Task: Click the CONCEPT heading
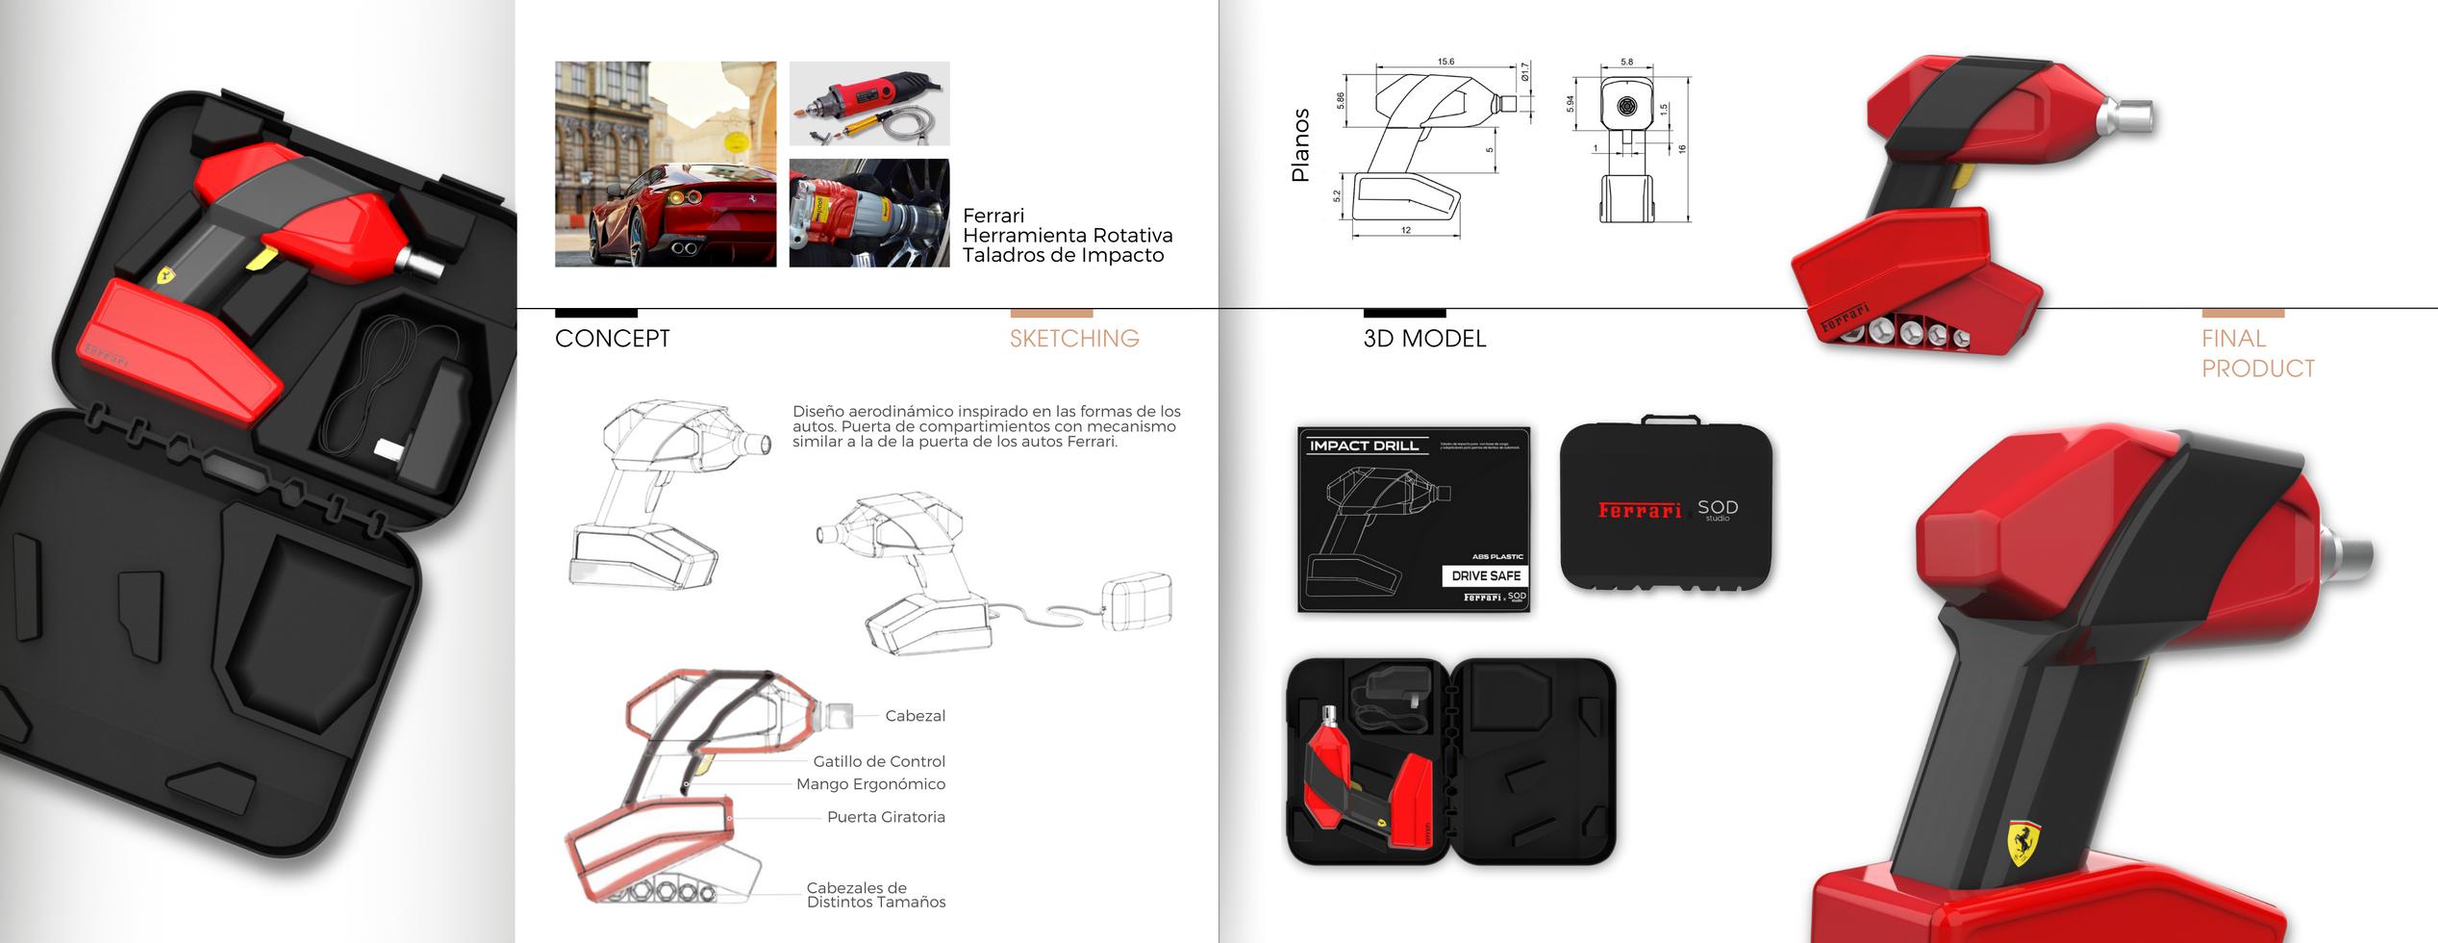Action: tap(612, 339)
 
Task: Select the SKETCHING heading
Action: tap(1073, 339)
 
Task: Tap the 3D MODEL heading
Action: tap(1423, 339)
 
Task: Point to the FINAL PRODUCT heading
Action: tap(2256, 353)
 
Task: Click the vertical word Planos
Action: tap(1300, 145)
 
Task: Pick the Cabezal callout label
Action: tap(915, 716)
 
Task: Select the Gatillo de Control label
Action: tap(878, 761)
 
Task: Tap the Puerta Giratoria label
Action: tap(885, 817)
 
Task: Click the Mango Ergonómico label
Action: tap(869, 784)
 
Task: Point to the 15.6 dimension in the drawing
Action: tap(1445, 62)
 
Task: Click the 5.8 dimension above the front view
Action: tap(1626, 62)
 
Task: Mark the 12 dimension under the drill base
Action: tap(1405, 231)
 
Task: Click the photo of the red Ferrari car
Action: tap(665, 165)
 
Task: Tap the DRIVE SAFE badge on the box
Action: tap(1485, 575)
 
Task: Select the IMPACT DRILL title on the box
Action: tap(1364, 446)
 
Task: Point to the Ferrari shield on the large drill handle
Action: tap(2023, 843)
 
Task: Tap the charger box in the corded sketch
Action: tap(1136, 600)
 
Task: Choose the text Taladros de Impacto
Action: tap(1063, 255)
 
